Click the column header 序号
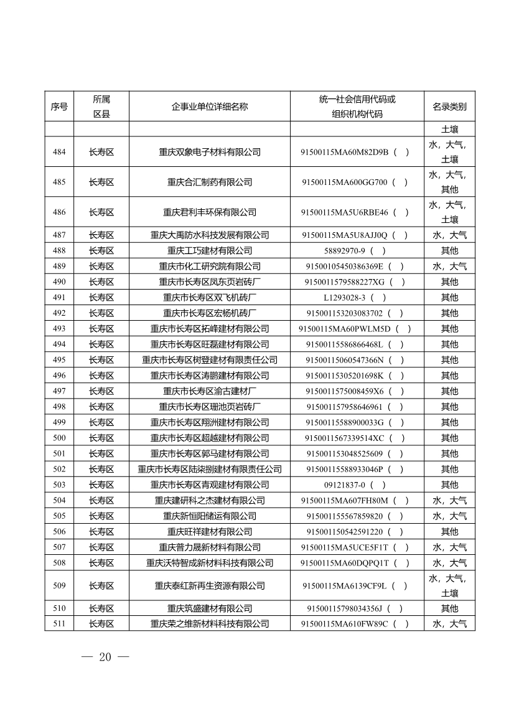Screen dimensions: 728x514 [59, 106]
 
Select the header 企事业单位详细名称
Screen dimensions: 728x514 [210, 106]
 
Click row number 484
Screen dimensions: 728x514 [59, 152]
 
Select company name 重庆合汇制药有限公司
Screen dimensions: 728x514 [210, 182]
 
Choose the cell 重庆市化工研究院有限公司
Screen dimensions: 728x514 [210, 267]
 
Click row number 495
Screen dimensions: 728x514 [59, 360]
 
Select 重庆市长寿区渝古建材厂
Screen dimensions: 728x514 [210, 391]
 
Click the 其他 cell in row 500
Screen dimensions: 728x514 [449, 438]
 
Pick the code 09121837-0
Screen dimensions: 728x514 [348, 485]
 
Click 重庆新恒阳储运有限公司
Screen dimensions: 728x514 [210, 516]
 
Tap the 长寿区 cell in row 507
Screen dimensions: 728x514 [101, 547]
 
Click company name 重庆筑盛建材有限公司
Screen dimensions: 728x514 [210, 608]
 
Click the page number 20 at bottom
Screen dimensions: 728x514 [105, 657]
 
